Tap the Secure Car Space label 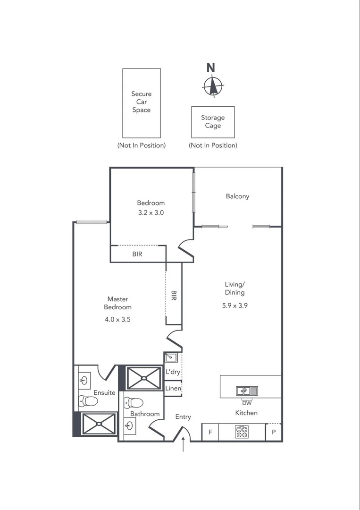pos(141,102)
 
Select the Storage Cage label pos(213,122)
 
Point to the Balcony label pos(237,196)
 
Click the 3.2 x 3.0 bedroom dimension pos(151,212)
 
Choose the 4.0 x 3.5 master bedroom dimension pos(117,319)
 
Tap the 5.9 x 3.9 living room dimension pos(235,305)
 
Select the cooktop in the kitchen pos(242,432)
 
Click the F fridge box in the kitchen pos(210,432)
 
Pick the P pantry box pos(274,432)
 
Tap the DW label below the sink pos(247,403)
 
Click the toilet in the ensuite pos(89,401)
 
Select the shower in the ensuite pos(99,424)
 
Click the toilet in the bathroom pos(134,403)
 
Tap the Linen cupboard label pos(173,388)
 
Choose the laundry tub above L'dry pos(170,357)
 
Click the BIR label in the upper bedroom pos(137,254)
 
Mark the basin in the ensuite pos(84,379)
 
